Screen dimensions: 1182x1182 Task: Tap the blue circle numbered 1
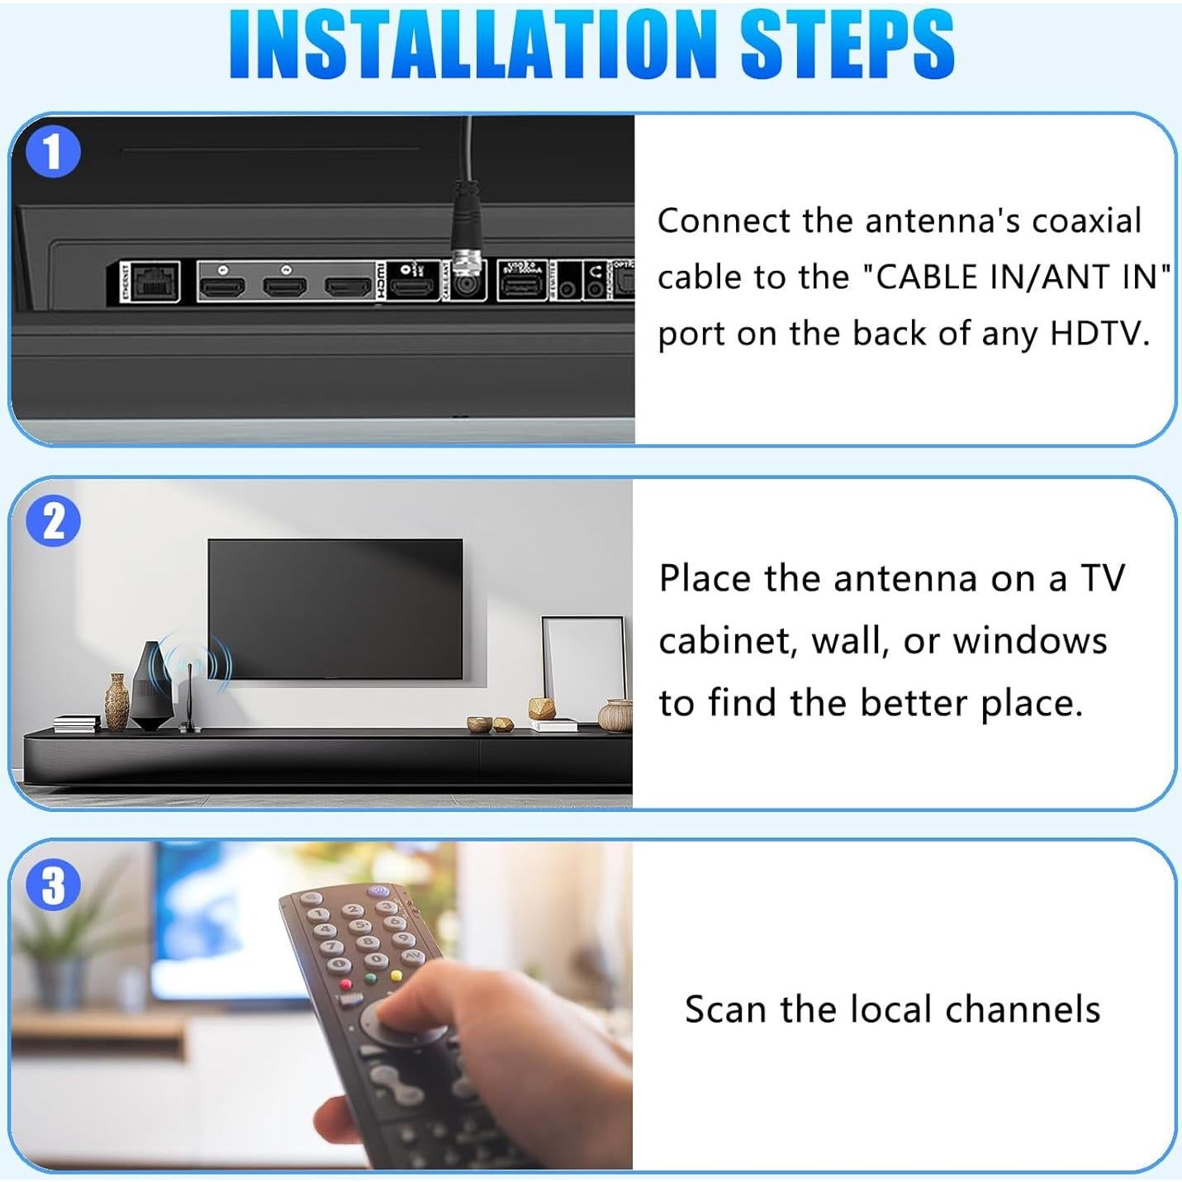53,152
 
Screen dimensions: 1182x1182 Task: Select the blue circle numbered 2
53,521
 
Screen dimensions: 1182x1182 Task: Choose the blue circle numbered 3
53,885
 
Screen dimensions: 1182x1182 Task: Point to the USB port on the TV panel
521,286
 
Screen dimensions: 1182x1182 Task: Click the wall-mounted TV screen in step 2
335,609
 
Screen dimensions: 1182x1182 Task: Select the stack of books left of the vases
76,724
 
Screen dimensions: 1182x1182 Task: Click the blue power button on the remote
378,891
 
